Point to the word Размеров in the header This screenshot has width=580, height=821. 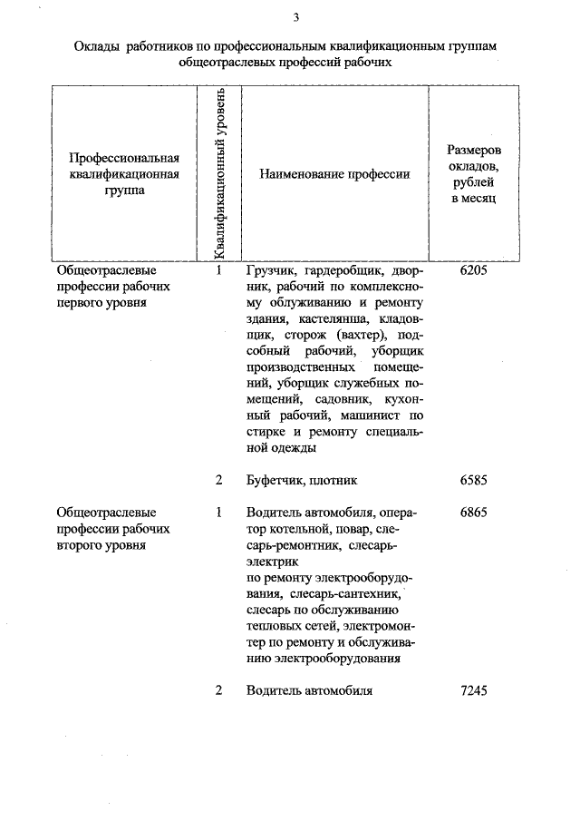pyautogui.click(x=474, y=149)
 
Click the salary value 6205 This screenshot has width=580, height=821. pyautogui.click(x=474, y=270)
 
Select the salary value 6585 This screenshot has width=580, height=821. pyautogui.click(x=474, y=480)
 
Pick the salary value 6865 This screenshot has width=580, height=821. pyautogui.click(x=474, y=512)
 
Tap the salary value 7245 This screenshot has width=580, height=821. pyautogui.click(x=474, y=690)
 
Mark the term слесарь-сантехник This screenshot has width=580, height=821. pyautogui.click(x=356, y=592)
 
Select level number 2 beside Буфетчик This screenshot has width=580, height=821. pyautogui.click(x=219, y=480)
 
